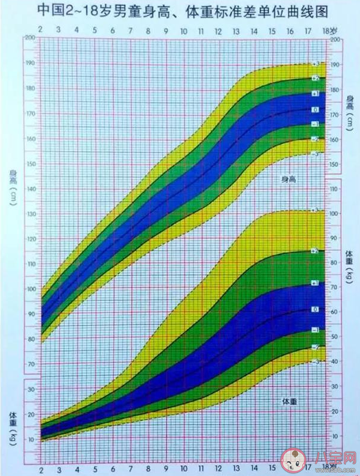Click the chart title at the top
[180, 10]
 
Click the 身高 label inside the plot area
[290, 179]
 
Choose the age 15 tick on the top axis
[272, 30]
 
